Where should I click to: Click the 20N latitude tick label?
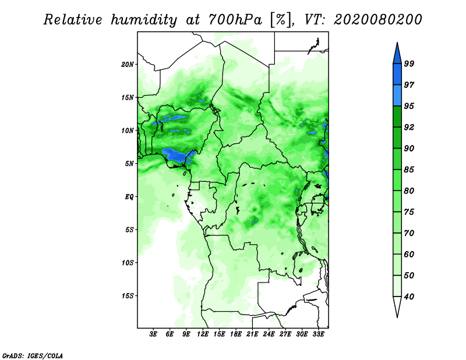click(x=128, y=64)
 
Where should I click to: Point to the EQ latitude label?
click(x=129, y=196)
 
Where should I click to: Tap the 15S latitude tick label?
click(x=128, y=296)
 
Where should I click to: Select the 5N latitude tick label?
click(x=129, y=164)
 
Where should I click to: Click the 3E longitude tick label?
click(x=153, y=334)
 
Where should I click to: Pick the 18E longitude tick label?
click(x=236, y=334)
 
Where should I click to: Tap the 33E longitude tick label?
click(x=318, y=334)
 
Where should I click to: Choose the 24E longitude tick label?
click(x=269, y=334)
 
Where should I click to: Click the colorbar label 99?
click(x=409, y=63)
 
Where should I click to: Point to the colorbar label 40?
click(x=409, y=297)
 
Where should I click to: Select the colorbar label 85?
click(x=409, y=170)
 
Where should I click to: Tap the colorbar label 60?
click(x=409, y=254)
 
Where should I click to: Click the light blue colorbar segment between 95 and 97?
click(x=397, y=96)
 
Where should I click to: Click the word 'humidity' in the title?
click(x=144, y=20)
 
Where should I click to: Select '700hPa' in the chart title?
click(x=235, y=20)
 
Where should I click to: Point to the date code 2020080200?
click(x=377, y=20)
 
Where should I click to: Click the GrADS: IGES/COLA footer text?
click(x=33, y=355)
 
